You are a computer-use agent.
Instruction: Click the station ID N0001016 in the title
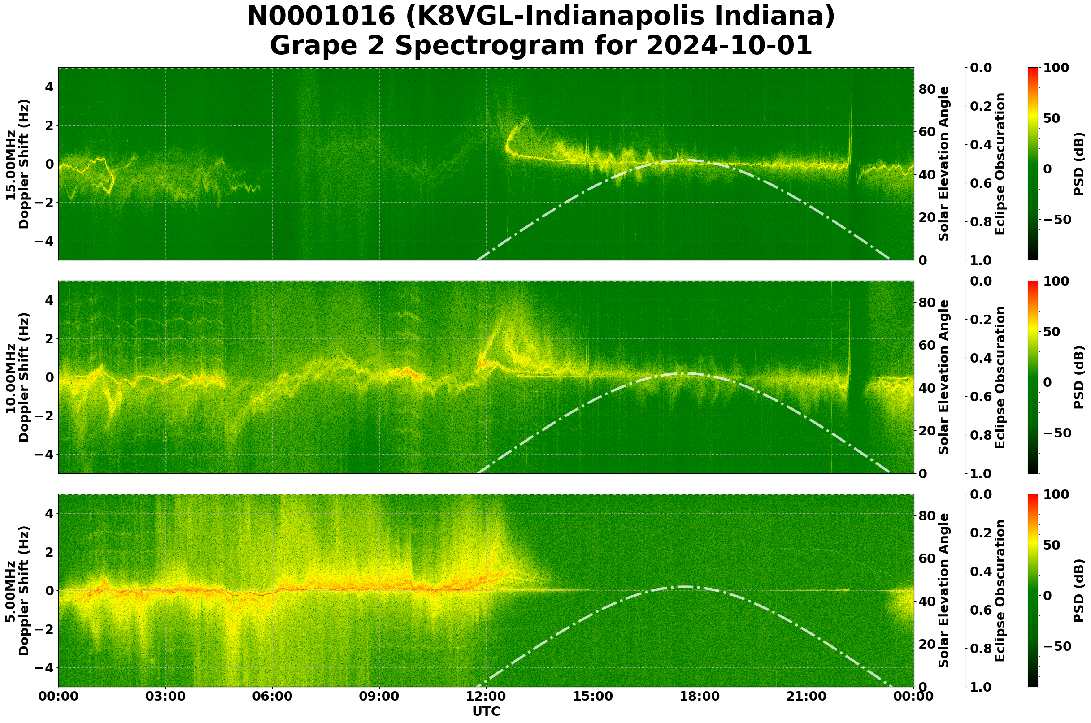pos(321,17)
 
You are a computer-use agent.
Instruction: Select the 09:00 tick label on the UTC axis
pos(379,697)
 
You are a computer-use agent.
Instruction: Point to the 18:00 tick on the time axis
pos(700,697)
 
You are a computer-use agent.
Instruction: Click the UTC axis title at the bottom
pos(486,711)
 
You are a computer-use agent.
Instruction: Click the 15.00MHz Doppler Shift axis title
pos(17,164)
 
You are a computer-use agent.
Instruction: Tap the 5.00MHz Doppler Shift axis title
pos(17,591)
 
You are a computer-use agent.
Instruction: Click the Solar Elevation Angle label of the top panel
pos(944,164)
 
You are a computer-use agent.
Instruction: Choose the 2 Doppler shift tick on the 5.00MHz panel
pos(49,552)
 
